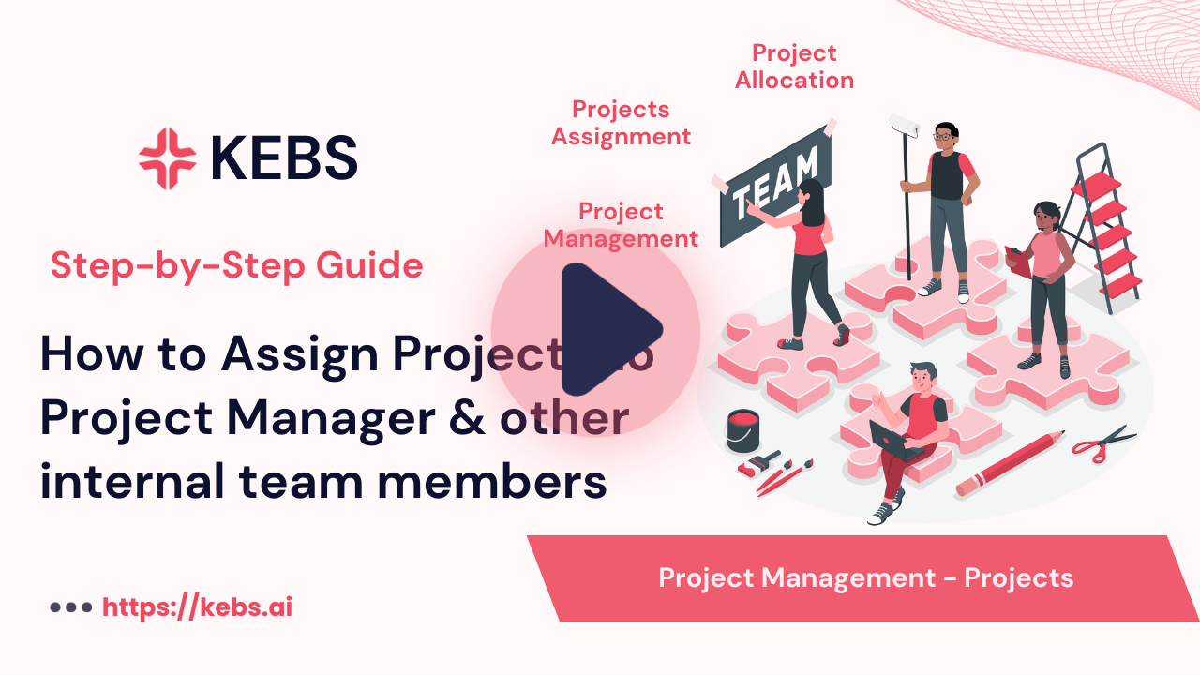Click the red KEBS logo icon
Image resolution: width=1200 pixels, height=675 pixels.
[168, 158]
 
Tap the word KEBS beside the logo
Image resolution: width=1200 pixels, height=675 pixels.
[284, 157]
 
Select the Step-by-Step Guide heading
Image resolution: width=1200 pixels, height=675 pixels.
[237, 266]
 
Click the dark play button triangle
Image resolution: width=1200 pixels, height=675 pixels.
[607, 328]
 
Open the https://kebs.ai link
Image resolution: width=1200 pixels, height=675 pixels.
[198, 607]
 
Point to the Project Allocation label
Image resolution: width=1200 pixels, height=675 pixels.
[794, 67]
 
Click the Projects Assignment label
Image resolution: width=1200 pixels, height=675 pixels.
[621, 123]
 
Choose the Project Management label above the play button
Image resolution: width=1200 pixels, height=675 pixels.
[621, 225]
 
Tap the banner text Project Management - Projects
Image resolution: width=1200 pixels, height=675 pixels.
[865, 577]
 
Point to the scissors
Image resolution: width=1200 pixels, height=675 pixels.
[1103, 442]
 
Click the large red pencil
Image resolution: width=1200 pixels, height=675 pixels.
[1010, 463]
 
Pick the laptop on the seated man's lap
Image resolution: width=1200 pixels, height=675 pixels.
[893, 441]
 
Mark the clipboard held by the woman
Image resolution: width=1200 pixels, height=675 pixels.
[1017, 260]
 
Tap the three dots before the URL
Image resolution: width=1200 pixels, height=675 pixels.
[70, 607]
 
